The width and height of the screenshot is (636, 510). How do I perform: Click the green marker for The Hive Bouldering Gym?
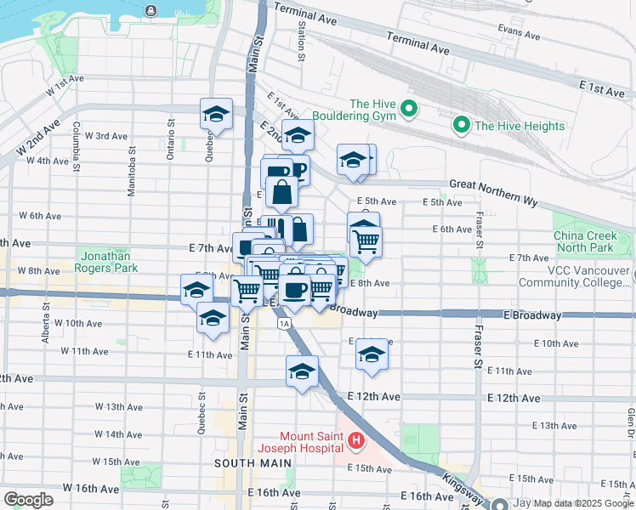point(408,108)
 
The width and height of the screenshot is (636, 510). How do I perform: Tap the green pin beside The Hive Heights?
point(463,126)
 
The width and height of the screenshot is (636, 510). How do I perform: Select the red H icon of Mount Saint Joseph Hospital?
point(355,441)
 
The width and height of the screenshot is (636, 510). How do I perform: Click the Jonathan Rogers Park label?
point(108,261)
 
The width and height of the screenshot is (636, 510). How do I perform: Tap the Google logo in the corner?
point(28,500)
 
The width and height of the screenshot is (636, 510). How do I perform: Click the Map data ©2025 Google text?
point(579,503)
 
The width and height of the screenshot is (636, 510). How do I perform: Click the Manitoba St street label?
point(132,175)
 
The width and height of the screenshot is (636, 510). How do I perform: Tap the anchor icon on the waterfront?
point(150,10)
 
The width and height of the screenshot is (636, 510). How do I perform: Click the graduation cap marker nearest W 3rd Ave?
point(217,115)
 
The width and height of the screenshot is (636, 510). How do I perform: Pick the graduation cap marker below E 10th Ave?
point(372,354)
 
